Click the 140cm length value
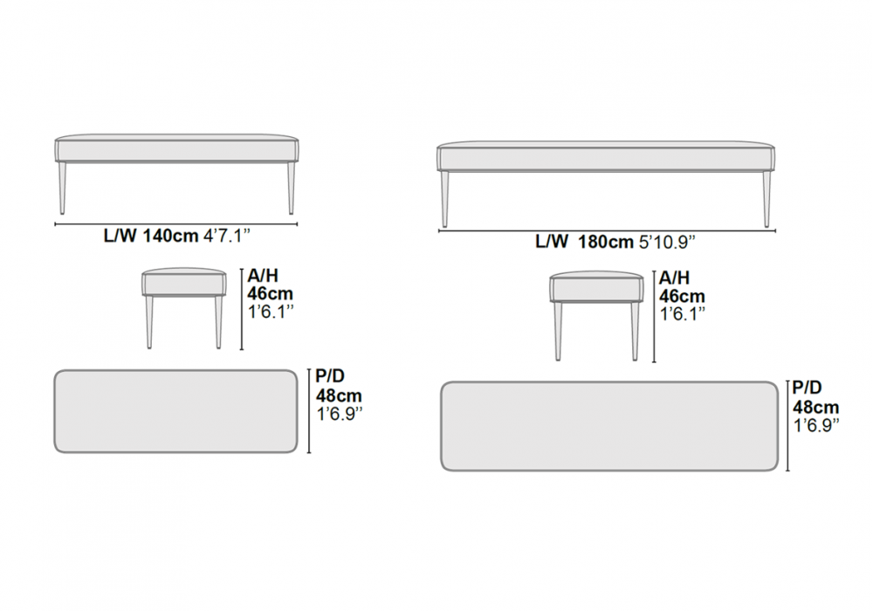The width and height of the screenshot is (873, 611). coord(170,236)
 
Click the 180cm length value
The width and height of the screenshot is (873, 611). coord(605,242)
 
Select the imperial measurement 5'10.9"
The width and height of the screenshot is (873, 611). coord(668,242)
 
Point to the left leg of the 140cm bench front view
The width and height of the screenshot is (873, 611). coord(62,188)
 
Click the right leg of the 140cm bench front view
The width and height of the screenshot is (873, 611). coord(291,188)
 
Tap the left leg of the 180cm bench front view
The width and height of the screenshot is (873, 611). coord(444,199)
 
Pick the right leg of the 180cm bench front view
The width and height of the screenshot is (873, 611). coord(766,199)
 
